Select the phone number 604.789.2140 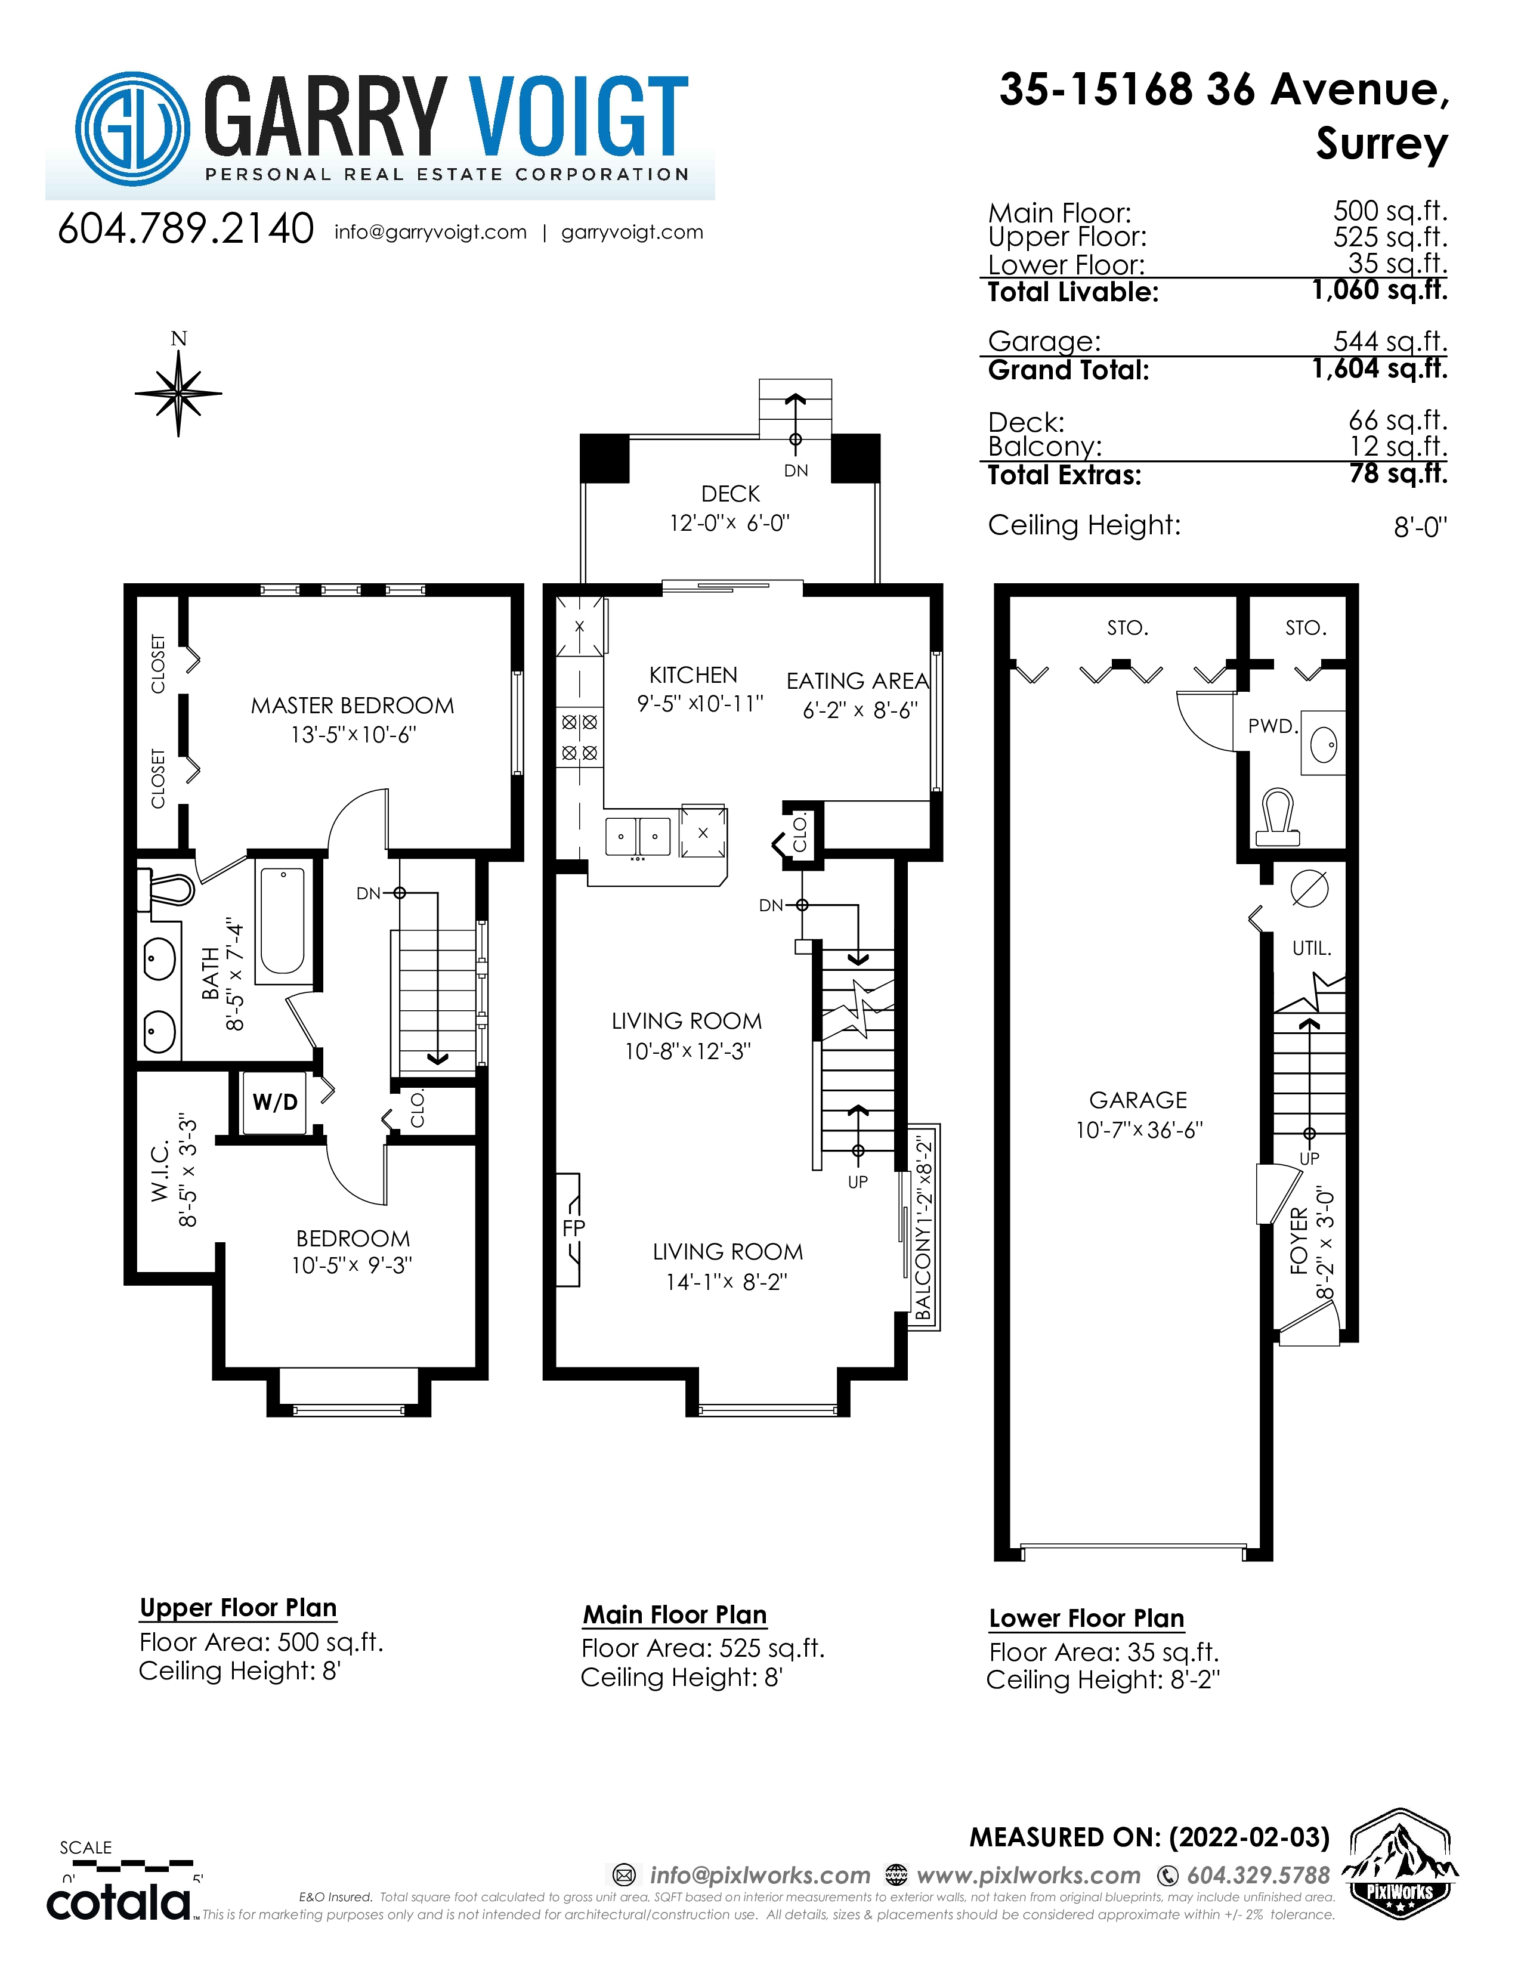pos(186,229)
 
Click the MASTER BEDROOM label pos(353,705)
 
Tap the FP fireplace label pos(573,1227)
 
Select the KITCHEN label pos(693,675)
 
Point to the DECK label pos(730,494)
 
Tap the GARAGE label pos(1138,1100)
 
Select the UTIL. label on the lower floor pos(1311,948)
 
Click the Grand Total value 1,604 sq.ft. pos(1380,369)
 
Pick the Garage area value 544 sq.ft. pos(1390,342)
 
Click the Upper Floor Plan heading pos(238,1608)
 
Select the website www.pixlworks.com pos(1028,1875)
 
